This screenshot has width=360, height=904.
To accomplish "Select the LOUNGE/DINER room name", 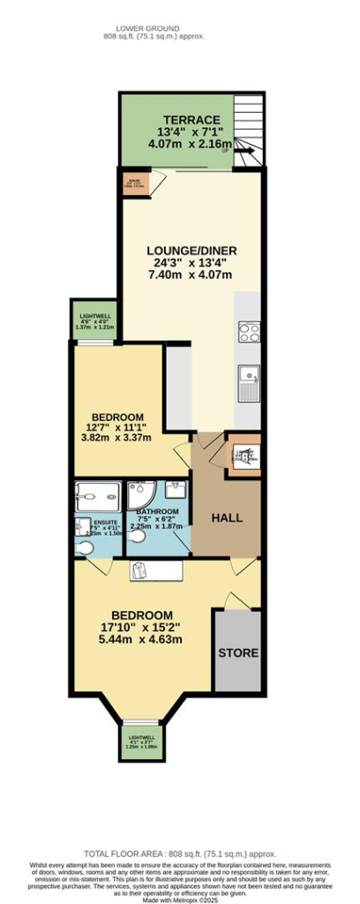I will tap(191, 250).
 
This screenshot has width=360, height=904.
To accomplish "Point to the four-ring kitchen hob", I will tap(249, 334).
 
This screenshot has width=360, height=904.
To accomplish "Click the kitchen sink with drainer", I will tap(249, 382).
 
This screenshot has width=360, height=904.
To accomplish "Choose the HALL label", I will tap(226, 518).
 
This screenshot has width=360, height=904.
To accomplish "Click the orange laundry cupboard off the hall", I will tap(244, 456).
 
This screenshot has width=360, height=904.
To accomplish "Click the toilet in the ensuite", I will tap(83, 548).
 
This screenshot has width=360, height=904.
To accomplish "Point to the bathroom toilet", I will tap(139, 547).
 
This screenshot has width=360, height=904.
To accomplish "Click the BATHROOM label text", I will tap(157, 512).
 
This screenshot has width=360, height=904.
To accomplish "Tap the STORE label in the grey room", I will tap(238, 653).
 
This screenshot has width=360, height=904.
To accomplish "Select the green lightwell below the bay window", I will tap(141, 742).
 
